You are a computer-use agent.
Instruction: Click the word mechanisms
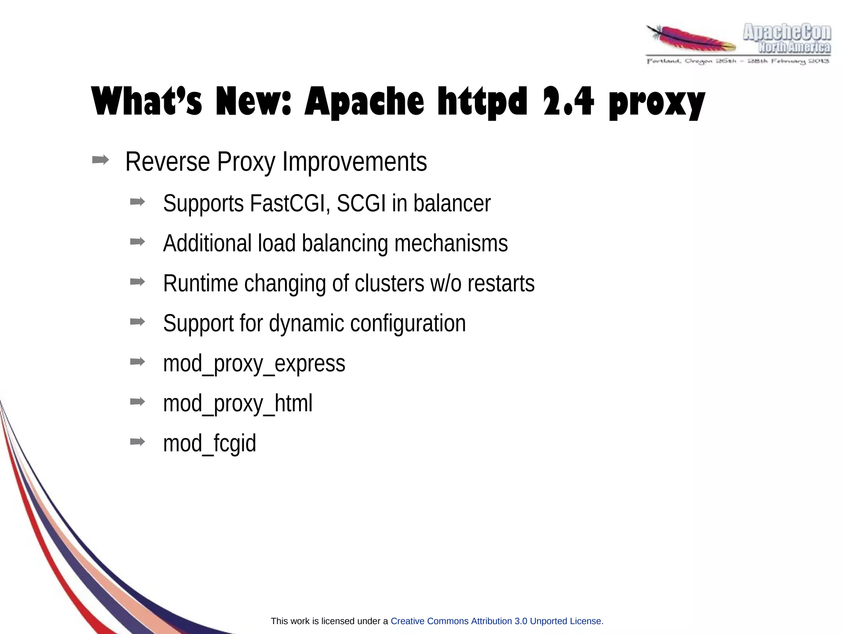click(x=451, y=243)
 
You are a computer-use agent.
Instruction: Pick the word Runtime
click(x=201, y=283)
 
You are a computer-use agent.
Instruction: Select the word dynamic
click(x=306, y=323)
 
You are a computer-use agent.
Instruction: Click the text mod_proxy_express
click(x=254, y=363)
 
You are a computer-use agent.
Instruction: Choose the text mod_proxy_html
click(x=238, y=403)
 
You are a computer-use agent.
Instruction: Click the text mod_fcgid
click(x=210, y=443)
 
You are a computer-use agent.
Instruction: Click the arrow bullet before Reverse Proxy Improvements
click(x=100, y=160)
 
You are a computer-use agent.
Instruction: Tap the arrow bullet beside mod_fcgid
click(x=137, y=442)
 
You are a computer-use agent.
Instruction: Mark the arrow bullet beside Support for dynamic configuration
click(x=137, y=322)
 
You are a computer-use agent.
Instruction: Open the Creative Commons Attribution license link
click(x=497, y=621)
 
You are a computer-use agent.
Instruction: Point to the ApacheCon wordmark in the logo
click(x=786, y=32)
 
